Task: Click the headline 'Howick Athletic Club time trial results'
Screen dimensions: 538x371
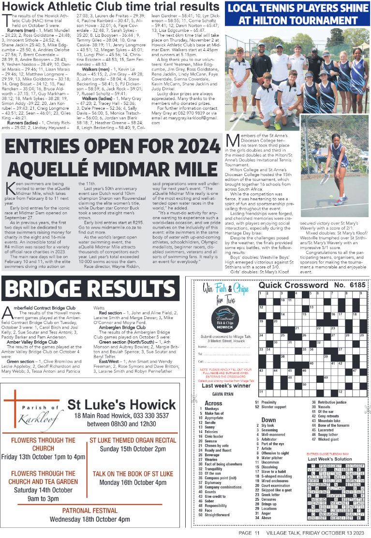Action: pyautogui.click(x=111, y=7)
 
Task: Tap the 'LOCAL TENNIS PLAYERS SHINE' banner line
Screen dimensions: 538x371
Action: pyautogui.click(x=297, y=8)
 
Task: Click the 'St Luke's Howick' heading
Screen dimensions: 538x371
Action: pyautogui.click(x=121, y=404)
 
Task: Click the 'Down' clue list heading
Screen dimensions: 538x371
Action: pyautogui.click(x=268, y=420)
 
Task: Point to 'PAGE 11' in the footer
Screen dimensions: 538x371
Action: pyautogui.click(x=249, y=533)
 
